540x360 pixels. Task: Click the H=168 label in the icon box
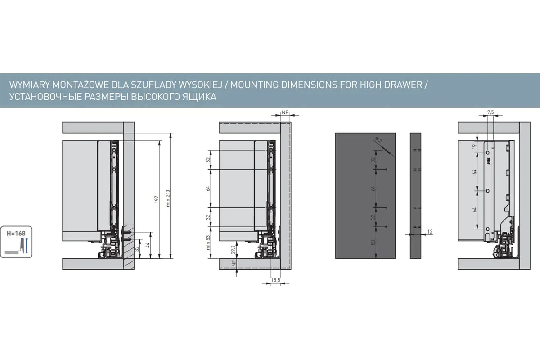tap(16, 234)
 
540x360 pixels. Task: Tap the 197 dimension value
tap(157, 199)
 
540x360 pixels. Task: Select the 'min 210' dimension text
tap(168, 198)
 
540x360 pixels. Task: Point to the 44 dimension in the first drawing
tap(148, 245)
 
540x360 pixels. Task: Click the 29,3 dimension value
tap(233, 250)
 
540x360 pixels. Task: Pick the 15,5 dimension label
tap(275, 280)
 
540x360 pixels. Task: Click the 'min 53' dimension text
tap(208, 243)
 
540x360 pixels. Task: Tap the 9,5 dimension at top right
tap(490, 112)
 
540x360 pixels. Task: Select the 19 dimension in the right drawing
tap(474, 147)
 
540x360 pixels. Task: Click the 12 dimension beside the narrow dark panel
tap(430, 232)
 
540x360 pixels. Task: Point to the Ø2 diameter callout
tap(378, 139)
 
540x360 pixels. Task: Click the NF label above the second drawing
tap(285, 112)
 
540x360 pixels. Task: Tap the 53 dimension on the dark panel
tap(373, 243)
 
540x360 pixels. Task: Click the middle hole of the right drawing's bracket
tap(488, 191)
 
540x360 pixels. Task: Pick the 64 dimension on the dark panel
tap(373, 189)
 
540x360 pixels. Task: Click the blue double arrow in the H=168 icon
tap(27, 245)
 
